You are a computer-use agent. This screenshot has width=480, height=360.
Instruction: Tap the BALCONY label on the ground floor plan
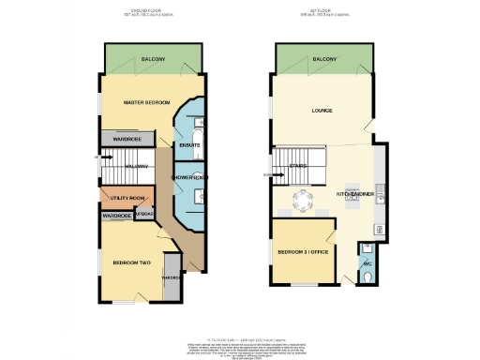(x=155, y=59)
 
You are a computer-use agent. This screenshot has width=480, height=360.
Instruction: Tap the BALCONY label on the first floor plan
(x=324, y=59)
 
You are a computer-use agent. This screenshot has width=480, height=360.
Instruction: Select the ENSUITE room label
(x=189, y=144)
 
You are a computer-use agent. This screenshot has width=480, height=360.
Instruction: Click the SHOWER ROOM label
(x=188, y=177)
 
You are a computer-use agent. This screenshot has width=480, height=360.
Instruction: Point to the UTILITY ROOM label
(x=127, y=199)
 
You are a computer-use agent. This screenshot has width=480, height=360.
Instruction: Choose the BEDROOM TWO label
(x=132, y=262)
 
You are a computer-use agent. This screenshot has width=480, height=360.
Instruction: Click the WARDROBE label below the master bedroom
(x=127, y=139)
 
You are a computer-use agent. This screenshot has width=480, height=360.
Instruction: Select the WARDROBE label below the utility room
(x=117, y=217)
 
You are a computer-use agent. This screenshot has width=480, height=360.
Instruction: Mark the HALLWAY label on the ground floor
(x=130, y=167)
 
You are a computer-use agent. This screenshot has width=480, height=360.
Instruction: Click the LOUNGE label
(x=322, y=111)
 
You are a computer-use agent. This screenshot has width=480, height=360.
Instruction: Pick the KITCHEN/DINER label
(x=355, y=194)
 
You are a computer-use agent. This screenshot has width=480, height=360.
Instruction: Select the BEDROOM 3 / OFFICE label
(x=303, y=252)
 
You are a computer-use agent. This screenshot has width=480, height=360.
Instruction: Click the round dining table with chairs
(x=303, y=199)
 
